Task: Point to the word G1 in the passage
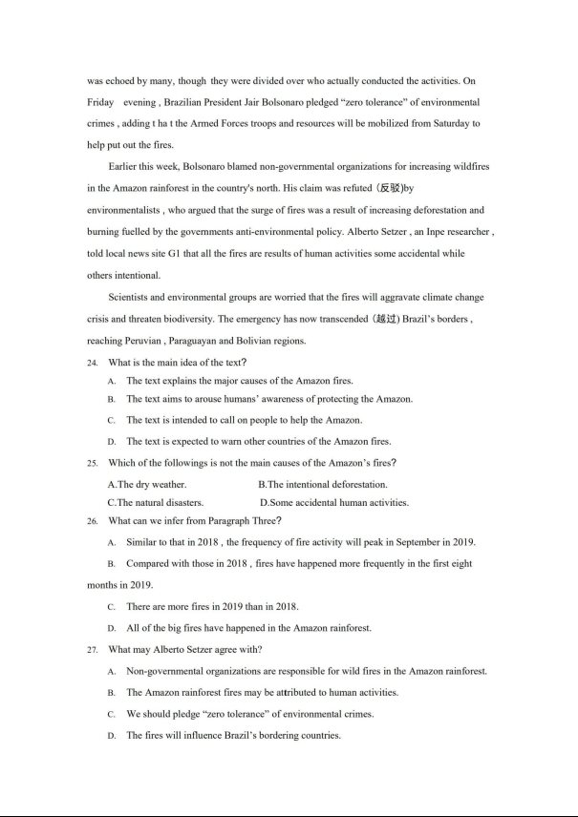click(192, 254)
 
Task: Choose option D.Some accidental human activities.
click(334, 502)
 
